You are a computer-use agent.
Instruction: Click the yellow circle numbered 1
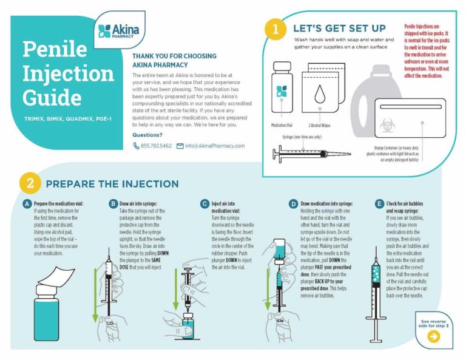(x=276, y=29)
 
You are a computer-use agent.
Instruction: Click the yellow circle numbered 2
(x=30, y=183)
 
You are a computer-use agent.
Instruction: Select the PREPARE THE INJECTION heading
(x=112, y=184)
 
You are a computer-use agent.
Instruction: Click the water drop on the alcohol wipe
(x=319, y=92)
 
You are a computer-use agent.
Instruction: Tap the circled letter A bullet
(x=27, y=204)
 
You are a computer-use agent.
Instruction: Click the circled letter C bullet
(x=204, y=204)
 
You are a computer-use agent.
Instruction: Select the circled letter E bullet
(x=379, y=204)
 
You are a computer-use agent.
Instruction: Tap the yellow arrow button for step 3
(x=433, y=338)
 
